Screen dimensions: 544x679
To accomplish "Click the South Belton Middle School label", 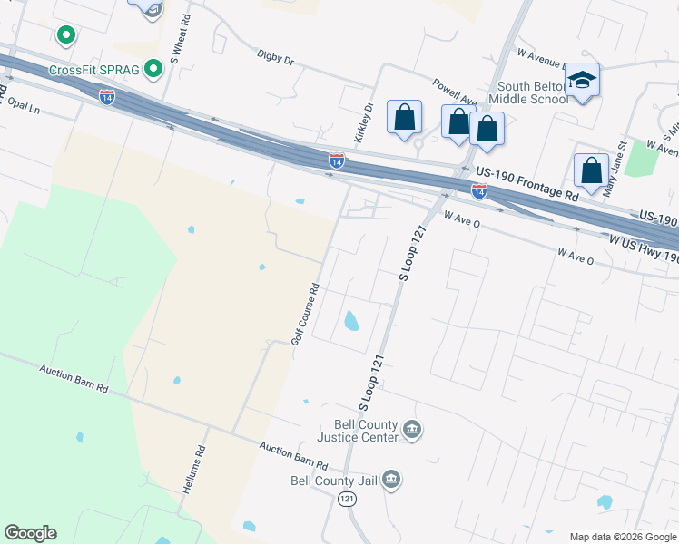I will (x=528, y=92).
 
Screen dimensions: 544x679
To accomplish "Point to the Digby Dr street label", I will (x=276, y=60).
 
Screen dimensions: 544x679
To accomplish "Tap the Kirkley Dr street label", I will (x=364, y=120).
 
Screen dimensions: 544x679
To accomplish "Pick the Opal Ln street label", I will (x=25, y=106).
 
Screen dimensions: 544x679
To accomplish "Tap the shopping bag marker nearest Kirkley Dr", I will (x=404, y=117).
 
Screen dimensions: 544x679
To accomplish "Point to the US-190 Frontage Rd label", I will (x=520, y=182).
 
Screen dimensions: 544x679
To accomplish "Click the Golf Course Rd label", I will (x=305, y=313).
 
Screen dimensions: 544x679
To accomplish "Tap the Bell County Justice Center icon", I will (x=412, y=430).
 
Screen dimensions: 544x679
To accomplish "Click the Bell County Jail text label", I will (x=332, y=481).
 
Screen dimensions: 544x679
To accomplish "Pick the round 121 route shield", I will (x=347, y=500).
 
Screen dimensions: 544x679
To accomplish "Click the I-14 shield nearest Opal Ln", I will (x=107, y=97).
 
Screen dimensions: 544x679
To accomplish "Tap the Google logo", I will (x=30, y=533).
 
